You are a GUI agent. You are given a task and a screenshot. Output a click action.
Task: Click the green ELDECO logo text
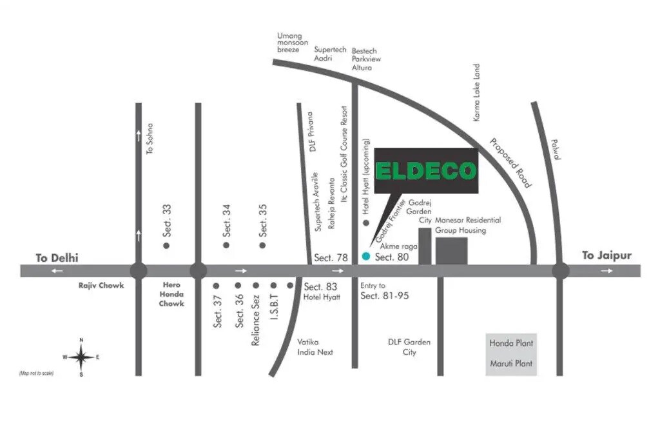point(426,171)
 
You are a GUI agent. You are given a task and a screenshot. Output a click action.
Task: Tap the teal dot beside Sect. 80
point(365,257)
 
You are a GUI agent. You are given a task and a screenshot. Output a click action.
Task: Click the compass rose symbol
point(81,357)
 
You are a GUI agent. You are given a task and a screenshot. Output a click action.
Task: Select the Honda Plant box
point(511,343)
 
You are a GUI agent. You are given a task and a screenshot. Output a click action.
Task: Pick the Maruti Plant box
point(511,364)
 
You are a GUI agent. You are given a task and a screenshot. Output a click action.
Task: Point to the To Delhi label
point(57,258)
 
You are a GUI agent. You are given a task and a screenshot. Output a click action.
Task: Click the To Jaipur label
point(607,255)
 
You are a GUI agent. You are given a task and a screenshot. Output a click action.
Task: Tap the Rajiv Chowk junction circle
point(139,271)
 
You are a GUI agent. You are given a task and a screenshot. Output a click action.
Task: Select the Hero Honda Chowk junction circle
point(198,271)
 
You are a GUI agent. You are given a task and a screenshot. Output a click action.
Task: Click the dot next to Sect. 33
point(166,245)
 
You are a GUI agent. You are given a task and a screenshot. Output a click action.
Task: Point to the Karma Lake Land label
point(477,93)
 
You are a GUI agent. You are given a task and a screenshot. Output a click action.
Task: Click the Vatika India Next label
point(315,347)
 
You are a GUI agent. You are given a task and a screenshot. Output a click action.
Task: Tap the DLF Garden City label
point(409,347)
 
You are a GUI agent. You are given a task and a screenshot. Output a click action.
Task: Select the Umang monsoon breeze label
point(289,43)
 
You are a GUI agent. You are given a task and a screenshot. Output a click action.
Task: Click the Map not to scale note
point(37,373)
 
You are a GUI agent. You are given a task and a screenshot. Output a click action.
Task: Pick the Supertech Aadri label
point(331,54)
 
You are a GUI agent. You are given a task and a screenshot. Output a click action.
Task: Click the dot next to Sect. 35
point(262,245)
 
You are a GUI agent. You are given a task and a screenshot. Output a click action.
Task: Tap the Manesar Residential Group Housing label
point(467,225)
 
